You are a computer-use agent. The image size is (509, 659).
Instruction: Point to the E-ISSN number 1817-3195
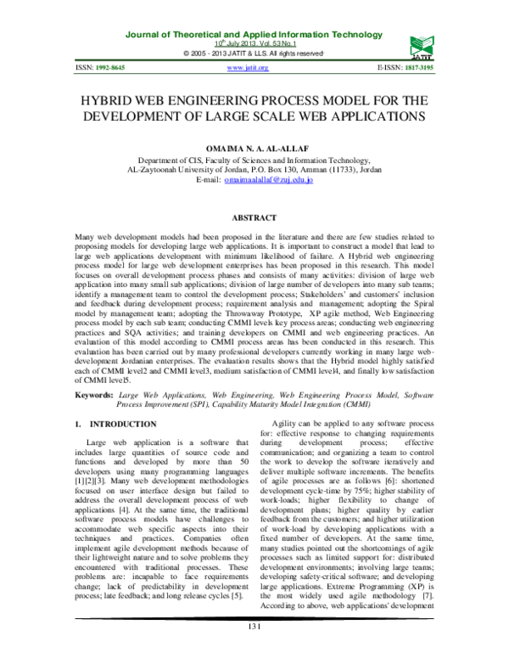[438, 67]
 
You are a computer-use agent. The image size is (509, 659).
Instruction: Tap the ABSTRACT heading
[255, 218]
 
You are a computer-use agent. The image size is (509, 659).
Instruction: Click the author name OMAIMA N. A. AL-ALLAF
[255, 148]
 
